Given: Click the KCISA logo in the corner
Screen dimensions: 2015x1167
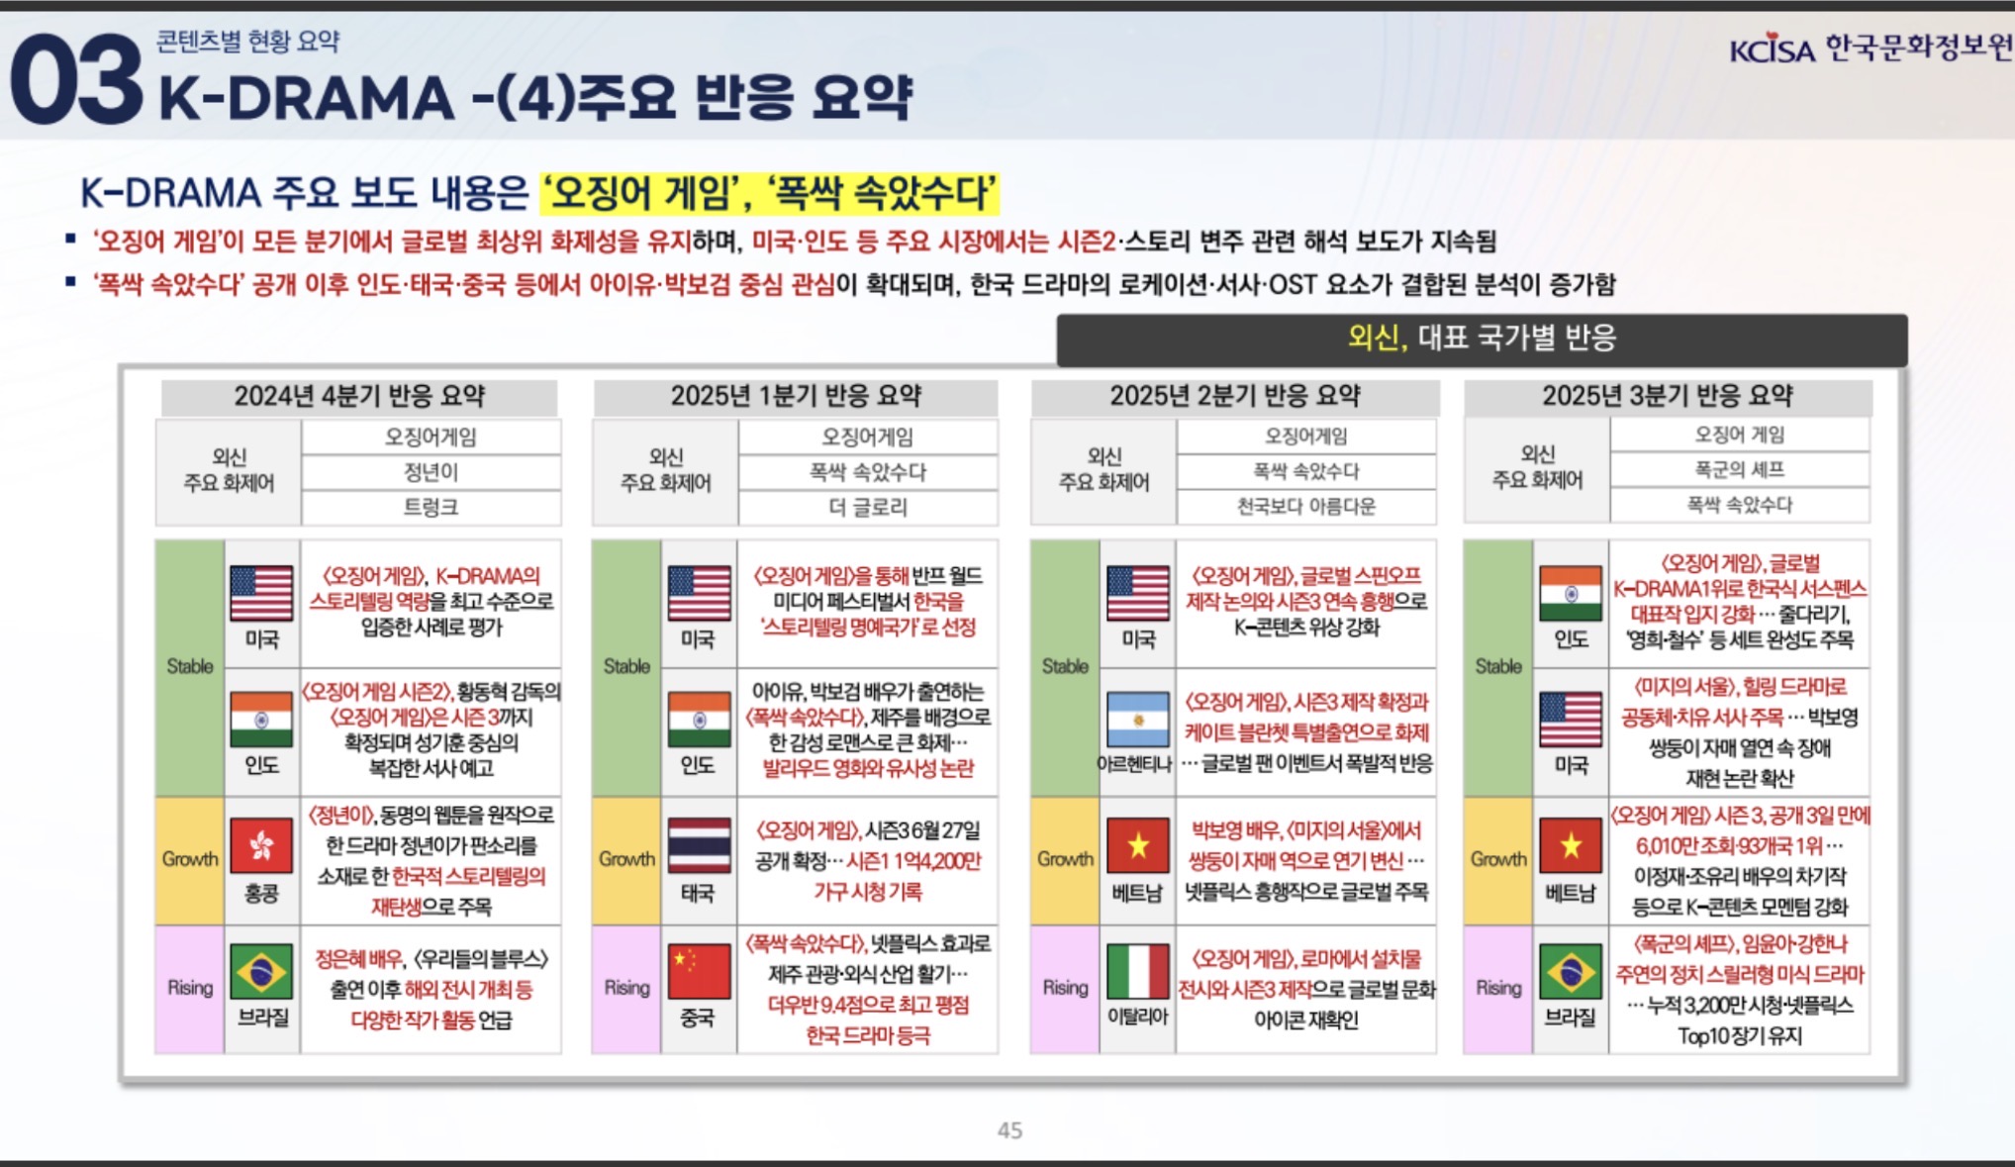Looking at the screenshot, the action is click(x=1871, y=48).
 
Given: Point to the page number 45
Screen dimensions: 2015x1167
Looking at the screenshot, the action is click(x=1009, y=1130).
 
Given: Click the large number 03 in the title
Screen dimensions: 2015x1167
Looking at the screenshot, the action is click(x=76, y=80).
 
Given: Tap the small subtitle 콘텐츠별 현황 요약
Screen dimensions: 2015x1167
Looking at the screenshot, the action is click(x=247, y=42).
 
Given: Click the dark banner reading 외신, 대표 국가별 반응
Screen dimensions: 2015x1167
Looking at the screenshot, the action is click(x=1482, y=340).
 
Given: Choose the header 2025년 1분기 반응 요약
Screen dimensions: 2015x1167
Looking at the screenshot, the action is click(x=796, y=397).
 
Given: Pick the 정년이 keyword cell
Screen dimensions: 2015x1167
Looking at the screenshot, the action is click(x=431, y=472).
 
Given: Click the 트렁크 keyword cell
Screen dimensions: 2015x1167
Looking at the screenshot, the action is click(x=431, y=507).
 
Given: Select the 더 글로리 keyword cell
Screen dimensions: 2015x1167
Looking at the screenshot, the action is click(x=868, y=507).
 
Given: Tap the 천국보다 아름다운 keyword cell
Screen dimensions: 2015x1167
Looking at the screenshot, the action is click(x=1306, y=506).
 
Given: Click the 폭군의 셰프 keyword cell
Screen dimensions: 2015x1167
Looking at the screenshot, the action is click(x=1740, y=469).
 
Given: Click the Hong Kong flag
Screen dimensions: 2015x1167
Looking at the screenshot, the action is click(x=261, y=846).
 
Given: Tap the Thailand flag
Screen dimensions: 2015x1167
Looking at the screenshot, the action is click(x=699, y=846).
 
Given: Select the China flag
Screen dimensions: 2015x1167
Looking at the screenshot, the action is click(x=699, y=972).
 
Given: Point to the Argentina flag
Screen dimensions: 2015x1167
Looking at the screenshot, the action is click(x=1138, y=720).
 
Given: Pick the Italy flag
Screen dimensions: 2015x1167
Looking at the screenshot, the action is click(x=1138, y=972).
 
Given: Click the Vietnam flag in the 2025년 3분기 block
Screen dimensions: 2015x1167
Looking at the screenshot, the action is click(x=1571, y=846).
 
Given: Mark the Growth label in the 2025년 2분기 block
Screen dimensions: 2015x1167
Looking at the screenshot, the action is click(x=1065, y=859).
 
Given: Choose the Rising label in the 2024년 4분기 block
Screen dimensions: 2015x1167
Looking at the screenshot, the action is click(x=190, y=988).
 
